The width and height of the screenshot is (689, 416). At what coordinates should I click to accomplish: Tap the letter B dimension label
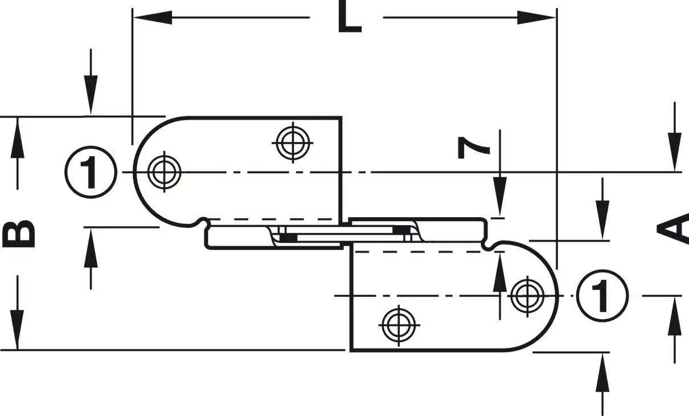18,234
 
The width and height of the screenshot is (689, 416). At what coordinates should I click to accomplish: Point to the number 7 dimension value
473,148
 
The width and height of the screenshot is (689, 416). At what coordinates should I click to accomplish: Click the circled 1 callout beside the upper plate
91,172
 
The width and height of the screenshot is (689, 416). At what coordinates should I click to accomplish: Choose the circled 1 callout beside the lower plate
602,296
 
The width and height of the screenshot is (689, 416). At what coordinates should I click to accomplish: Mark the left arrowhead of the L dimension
152,18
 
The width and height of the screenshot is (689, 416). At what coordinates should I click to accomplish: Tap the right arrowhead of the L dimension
537,18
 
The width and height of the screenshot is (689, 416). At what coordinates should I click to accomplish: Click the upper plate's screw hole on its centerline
164,172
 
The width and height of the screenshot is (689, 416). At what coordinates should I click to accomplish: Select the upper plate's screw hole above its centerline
293,142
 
